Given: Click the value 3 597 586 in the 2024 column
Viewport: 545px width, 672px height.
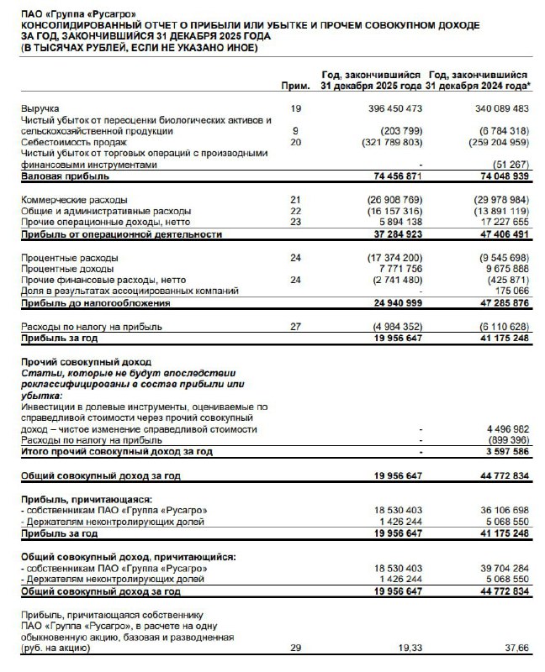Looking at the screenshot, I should pyautogui.click(x=504, y=451).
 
